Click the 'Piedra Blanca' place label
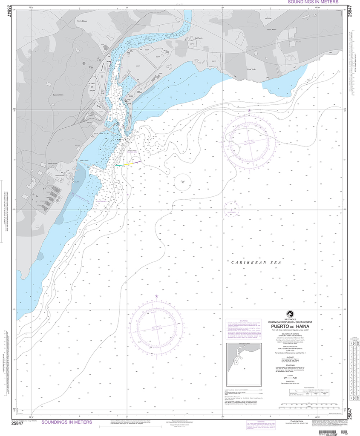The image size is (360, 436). pos(82,20)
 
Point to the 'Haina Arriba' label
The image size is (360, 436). pos(272,30)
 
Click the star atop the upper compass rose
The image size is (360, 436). pos(249,111)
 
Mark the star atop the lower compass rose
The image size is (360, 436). pos(157,296)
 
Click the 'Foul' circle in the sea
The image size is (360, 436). pos(182,181)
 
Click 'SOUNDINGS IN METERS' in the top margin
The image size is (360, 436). pos(313,2)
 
